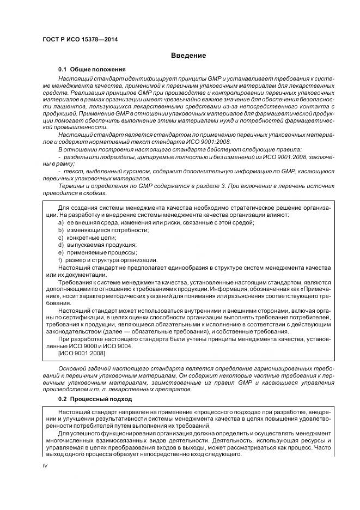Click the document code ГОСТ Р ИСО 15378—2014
pyautogui.click(x=80, y=40)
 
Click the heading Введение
pyautogui.click(x=188, y=55)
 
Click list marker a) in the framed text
pyautogui.click(x=60, y=223)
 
